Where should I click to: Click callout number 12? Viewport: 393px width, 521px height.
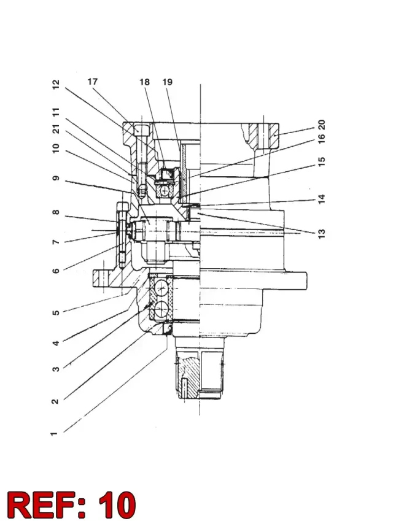[56, 84]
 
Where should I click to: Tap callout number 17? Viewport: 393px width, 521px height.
[93, 82]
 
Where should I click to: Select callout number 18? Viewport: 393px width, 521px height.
[144, 82]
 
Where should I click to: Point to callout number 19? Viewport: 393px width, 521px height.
[167, 82]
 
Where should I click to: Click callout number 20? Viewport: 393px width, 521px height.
[321, 125]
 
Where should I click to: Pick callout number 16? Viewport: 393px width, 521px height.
[321, 138]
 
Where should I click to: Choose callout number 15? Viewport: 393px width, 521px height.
[321, 161]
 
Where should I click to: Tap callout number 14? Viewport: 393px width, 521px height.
[321, 199]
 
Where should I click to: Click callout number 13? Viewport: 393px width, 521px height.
[321, 234]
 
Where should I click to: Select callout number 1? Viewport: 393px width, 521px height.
[54, 434]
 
